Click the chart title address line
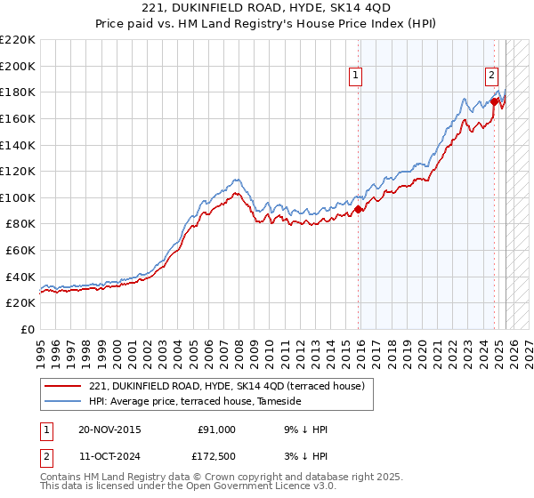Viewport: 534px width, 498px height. coord(266,9)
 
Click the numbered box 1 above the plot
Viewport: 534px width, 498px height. coord(355,76)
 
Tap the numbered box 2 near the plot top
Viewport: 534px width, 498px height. coord(491,76)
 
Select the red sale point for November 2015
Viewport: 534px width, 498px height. coord(359,210)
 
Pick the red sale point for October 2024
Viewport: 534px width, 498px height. coord(495,101)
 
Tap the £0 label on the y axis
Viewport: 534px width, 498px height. coord(27,330)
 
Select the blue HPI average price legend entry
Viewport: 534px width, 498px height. coord(195,402)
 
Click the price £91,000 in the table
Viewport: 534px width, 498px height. coord(216,430)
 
